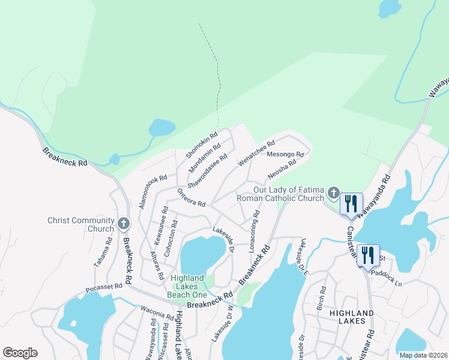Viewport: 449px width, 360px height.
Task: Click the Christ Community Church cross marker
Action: [124, 224]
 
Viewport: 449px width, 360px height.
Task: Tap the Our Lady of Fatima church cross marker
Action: [334, 193]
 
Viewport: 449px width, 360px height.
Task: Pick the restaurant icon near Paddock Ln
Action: [368, 254]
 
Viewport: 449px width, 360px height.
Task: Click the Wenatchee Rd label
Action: [257, 154]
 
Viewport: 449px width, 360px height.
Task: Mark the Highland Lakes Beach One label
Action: [187, 286]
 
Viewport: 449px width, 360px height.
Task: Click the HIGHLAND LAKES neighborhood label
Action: [348, 317]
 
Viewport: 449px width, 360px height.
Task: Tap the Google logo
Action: [20, 353]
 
